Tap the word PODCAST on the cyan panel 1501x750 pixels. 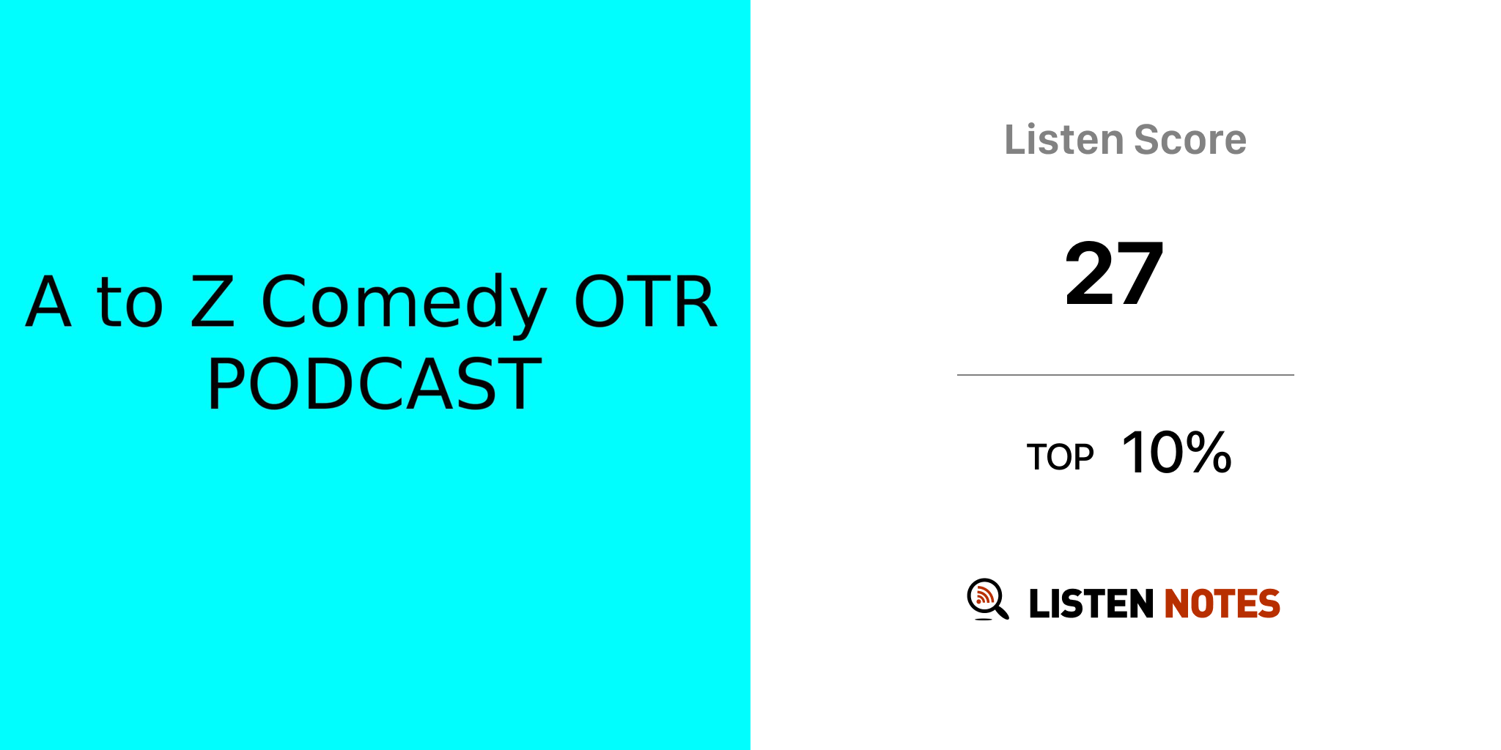click(x=375, y=384)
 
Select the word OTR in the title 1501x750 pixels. click(x=645, y=301)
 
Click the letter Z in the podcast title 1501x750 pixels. click(x=213, y=301)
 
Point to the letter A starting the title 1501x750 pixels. click(x=48, y=301)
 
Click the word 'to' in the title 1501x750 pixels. click(x=130, y=301)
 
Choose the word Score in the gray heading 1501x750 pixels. click(x=1190, y=139)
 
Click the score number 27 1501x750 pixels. click(x=1114, y=273)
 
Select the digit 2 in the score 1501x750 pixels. click(x=1089, y=273)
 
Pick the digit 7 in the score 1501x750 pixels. click(x=1140, y=273)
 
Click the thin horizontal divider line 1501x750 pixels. click(x=1126, y=375)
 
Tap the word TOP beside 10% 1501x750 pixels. click(x=1060, y=457)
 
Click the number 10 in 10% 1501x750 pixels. click(x=1151, y=453)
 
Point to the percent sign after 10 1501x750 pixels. click(x=1207, y=453)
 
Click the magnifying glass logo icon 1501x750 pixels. click(x=988, y=599)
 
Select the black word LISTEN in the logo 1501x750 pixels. click(x=1091, y=604)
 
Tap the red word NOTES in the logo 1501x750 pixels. click(x=1222, y=604)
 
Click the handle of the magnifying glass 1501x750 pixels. click(x=1001, y=612)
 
